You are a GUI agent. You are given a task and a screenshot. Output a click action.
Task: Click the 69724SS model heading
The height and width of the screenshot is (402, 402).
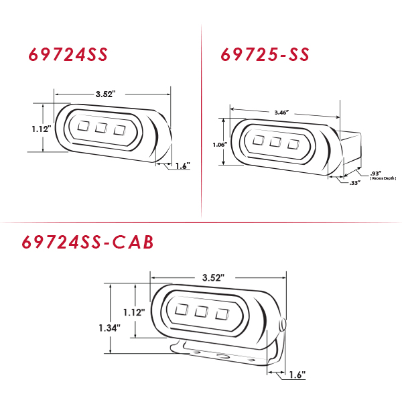pyautogui.click(x=68, y=54)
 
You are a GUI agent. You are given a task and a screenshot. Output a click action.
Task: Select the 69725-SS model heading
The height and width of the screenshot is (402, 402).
pyautogui.click(x=265, y=54)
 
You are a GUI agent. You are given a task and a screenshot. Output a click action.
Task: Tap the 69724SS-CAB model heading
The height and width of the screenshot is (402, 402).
pyautogui.click(x=88, y=242)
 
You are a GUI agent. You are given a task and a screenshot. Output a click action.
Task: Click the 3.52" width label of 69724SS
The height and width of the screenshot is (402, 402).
pyautogui.click(x=106, y=94)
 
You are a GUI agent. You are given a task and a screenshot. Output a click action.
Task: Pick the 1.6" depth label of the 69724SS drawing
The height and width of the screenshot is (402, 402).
pyautogui.click(x=183, y=166)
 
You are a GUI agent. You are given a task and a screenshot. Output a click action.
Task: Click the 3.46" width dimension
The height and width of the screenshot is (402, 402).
pyautogui.click(x=282, y=113)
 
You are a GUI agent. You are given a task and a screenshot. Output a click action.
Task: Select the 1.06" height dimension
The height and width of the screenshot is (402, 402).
pyautogui.click(x=220, y=145)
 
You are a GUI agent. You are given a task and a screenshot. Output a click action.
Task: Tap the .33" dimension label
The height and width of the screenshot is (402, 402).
pyautogui.click(x=355, y=183)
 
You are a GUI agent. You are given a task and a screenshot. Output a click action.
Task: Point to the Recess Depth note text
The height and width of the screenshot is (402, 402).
pyautogui.click(x=383, y=178)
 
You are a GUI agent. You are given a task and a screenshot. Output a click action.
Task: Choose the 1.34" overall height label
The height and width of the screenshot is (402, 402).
pyautogui.click(x=110, y=328)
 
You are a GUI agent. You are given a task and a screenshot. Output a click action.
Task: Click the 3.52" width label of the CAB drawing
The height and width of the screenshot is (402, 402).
pyautogui.click(x=213, y=277)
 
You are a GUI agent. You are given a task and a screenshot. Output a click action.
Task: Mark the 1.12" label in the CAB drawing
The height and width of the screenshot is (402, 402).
pyautogui.click(x=134, y=312)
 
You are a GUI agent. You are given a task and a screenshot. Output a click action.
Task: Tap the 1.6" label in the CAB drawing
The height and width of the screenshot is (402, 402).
pyautogui.click(x=297, y=375)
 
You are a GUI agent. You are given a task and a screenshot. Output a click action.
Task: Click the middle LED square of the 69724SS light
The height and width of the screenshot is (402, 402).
pyautogui.click(x=101, y=128)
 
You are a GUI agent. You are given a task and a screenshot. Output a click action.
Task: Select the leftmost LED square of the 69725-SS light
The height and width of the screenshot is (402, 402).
pyautogui.click(x=258, y=140)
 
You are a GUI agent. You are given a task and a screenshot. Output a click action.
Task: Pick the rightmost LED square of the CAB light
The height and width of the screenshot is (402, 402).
pyautogui.click(x=222, y=314)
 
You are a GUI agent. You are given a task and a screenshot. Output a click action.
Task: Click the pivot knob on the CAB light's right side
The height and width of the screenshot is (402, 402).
pyautogui.click(x=283, y=325)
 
